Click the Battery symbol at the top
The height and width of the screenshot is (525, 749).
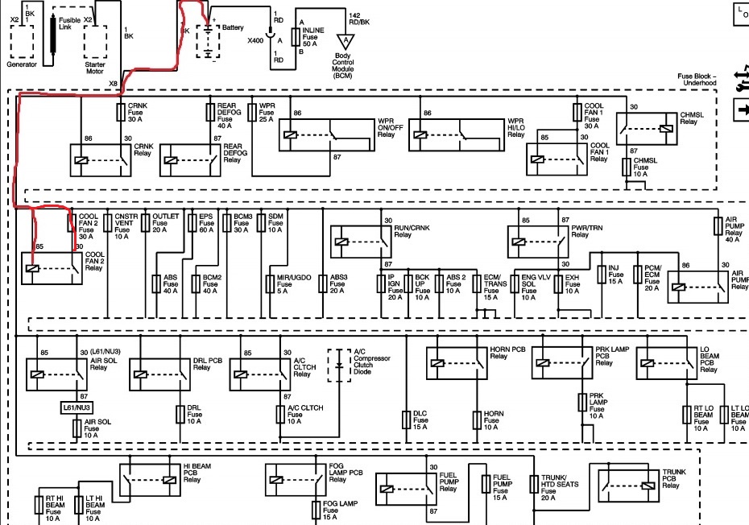tap(209, 42)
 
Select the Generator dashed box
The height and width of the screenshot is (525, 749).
tap(22, 42)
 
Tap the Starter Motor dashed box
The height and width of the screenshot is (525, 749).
tap(95, 42)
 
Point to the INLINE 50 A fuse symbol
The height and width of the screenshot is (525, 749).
tap(296, 37)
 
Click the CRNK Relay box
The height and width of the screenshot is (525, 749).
tap(101, 160)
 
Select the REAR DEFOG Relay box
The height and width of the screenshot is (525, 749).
tap(190, 160)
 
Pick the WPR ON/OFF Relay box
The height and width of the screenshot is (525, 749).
tap(327, 134)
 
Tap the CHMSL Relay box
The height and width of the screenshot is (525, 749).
tap(646, 129)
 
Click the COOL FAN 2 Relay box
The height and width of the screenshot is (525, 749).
tap(52, 268)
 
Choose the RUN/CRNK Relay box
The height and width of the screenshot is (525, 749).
tap(361, 242)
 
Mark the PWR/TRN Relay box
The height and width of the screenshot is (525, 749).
tap(538, 242)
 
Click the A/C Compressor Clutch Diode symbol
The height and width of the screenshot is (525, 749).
tap(339, 366)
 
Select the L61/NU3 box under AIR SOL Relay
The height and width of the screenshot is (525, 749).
tap(77, 408)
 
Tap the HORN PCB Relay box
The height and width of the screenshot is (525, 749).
tap(457, 363)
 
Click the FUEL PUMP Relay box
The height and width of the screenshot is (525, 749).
tap(406, 490)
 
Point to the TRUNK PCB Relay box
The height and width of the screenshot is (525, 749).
tap(629, 486)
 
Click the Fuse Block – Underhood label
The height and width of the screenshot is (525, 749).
tap(697, 79)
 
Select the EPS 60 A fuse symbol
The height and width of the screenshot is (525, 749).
tap(192, 223)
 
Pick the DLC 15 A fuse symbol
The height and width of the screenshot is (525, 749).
tap(406, 420)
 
